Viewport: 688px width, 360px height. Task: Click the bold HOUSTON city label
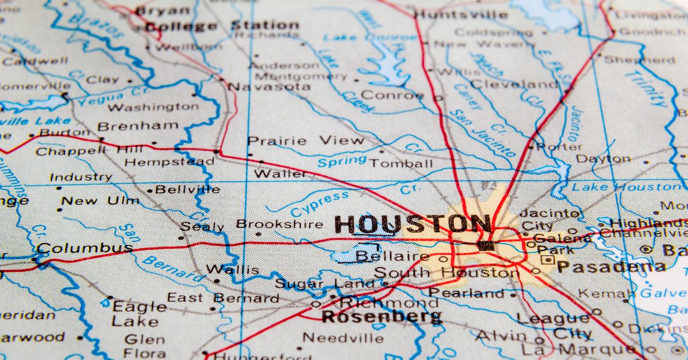point(412,224)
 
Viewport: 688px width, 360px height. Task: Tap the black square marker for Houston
point(486,245)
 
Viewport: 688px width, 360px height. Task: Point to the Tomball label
point(401,163)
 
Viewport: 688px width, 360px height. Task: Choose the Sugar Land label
point(324,283)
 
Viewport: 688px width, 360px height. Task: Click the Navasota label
point(269,87)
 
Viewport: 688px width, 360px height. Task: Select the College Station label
point(221,26)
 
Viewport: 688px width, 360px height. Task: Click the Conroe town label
point(392,95)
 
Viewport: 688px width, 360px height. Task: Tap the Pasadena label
point(611,267)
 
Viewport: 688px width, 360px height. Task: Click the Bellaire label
point(392,256)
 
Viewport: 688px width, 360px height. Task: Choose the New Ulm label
point(100,201)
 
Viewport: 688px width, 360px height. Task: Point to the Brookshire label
point(280,224)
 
